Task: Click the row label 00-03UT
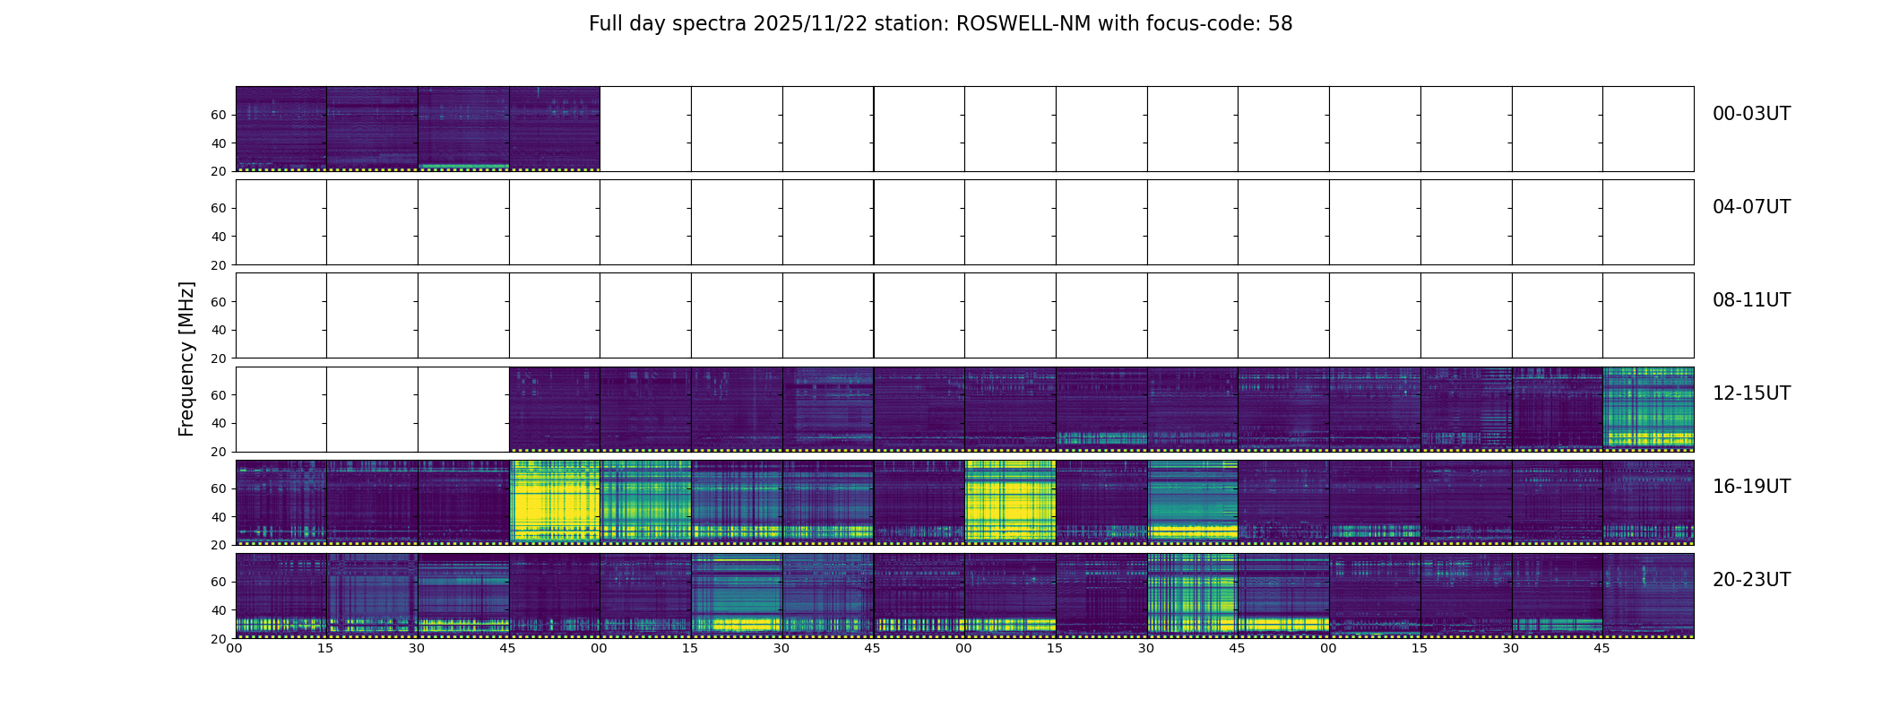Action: [1751, 114]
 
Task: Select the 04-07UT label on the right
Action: [1751, 207]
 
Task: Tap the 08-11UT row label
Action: [1751, 300]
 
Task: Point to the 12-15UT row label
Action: [1751, 393]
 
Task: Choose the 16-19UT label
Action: [1751, 487]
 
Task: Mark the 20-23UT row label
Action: [1751, 580]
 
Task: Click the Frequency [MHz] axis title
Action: [186, 358]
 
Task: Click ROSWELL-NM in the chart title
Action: [1023, 24]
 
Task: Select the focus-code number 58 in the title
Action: [1280, 24]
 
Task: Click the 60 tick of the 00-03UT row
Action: [219, 115]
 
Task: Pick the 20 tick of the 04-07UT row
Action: [219, 265]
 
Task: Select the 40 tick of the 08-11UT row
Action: [219, 330]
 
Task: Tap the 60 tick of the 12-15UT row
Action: [219, 395]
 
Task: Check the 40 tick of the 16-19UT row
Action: [219, 517]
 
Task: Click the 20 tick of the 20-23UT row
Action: [219, 639]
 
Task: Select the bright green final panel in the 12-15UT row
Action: [1648, 409]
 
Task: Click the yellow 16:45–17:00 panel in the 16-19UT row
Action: [555, 502]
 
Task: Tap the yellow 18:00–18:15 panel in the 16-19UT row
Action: [1010, 502]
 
